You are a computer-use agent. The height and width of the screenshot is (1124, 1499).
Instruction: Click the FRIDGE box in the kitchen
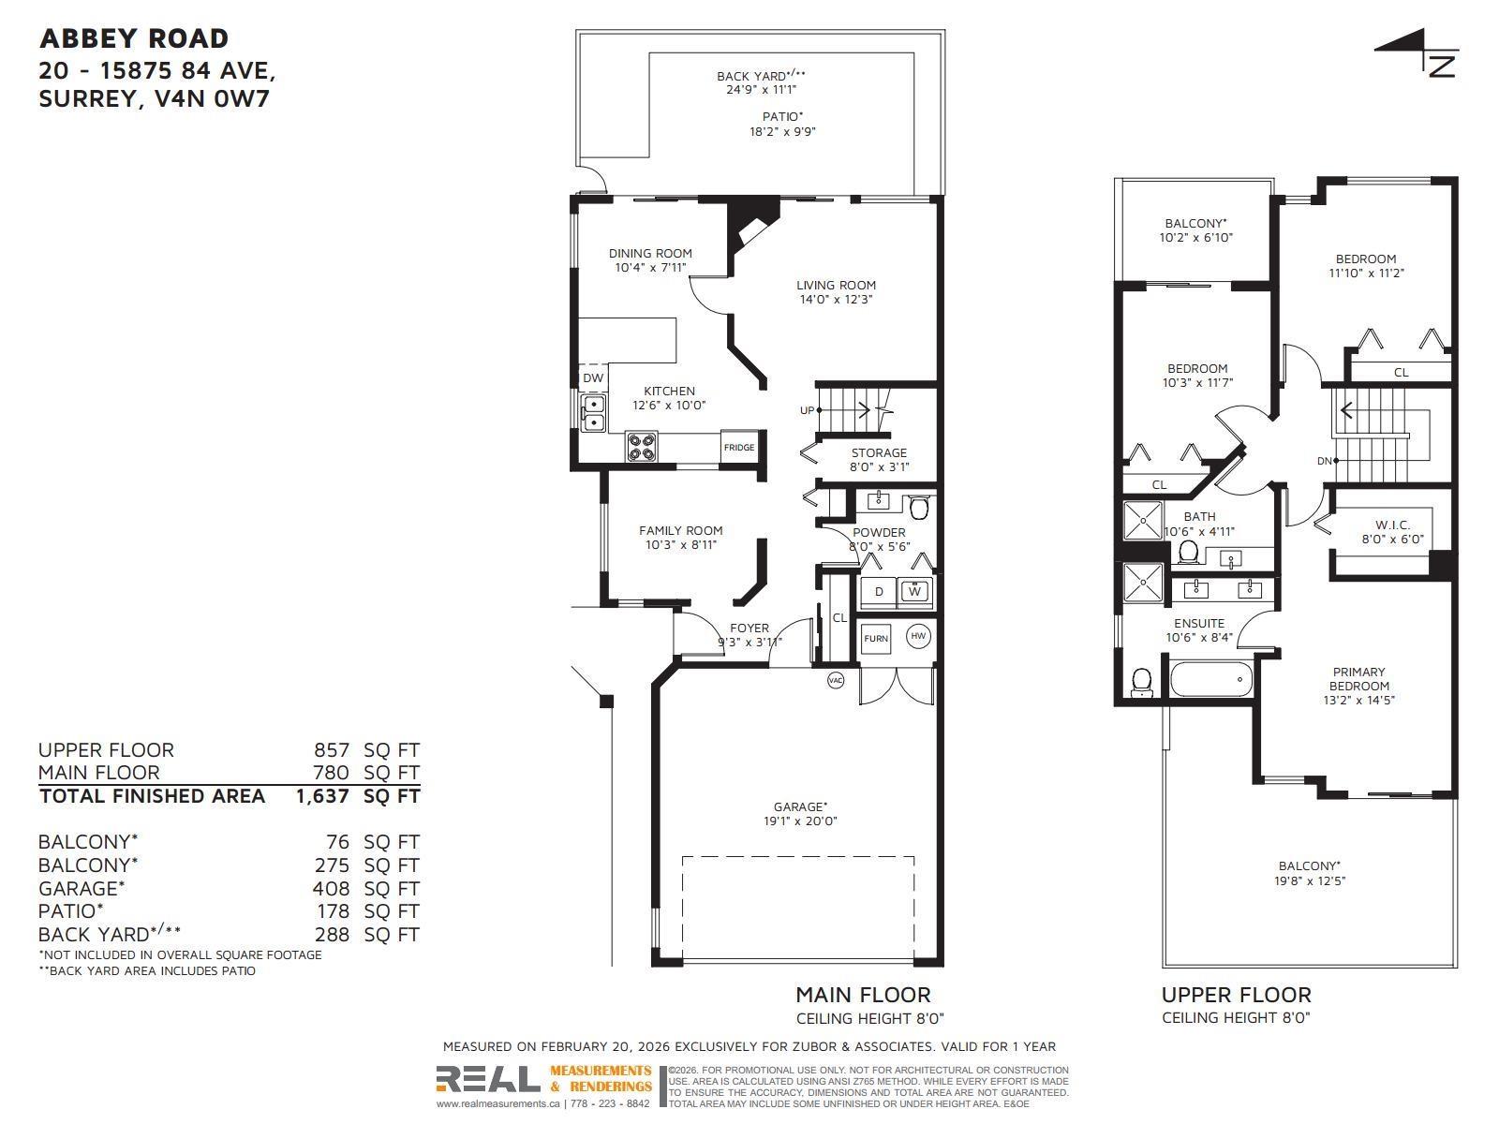click(738, 447)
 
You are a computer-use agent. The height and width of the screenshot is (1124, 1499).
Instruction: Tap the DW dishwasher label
click(593, 378)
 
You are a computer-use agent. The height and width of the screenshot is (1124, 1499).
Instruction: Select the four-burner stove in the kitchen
click(641, 447)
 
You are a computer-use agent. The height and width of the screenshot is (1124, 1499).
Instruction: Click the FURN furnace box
click(876, 639)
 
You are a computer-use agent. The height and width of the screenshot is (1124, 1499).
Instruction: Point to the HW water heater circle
click(918, 637)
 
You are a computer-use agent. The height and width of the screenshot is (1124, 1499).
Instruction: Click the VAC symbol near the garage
click(836, 680)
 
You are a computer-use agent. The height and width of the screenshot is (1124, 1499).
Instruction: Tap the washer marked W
click(914, 591)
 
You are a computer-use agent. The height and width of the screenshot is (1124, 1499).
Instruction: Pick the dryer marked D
click(879, 591)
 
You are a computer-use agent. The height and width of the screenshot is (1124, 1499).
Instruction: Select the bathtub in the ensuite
click(1210, 679)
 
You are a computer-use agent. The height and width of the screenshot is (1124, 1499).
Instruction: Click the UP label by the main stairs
click(807, 410)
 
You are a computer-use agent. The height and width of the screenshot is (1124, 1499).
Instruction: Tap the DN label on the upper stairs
click(1325, 461)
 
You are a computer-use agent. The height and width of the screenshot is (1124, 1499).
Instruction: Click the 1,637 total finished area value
click(322, 796)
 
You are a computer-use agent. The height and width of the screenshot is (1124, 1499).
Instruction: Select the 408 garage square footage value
click(332, 888)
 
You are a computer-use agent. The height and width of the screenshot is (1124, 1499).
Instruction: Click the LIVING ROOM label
click(836, 286)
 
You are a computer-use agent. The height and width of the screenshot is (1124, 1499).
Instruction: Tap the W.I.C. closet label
click(1392, 525)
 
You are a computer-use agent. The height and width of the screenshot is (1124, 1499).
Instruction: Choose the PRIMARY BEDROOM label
click(1358, 679)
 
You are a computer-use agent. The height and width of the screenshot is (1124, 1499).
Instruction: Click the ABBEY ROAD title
click(134, 38)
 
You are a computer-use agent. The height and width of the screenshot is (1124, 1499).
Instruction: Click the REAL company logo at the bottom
click(488, 1080)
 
